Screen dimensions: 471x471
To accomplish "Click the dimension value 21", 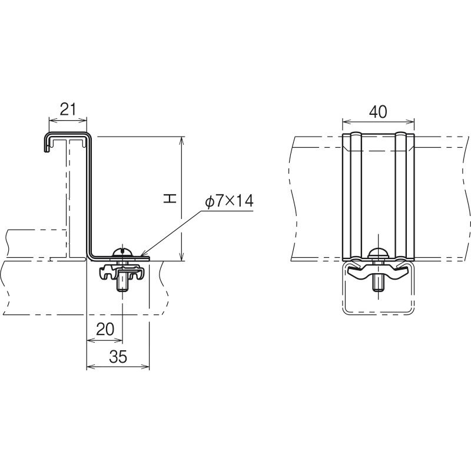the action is [x=68, y=110].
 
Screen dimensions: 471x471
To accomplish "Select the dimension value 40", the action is [x=378, y=112].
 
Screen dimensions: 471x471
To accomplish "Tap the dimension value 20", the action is [x=105, y=329].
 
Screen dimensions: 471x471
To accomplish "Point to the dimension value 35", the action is [x=118, y=357].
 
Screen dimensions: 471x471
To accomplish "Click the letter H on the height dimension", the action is [x=170, y=198].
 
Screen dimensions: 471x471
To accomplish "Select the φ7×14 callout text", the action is [x=229, y=201].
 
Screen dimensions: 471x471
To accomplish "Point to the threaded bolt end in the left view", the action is [x=122, y=281].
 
